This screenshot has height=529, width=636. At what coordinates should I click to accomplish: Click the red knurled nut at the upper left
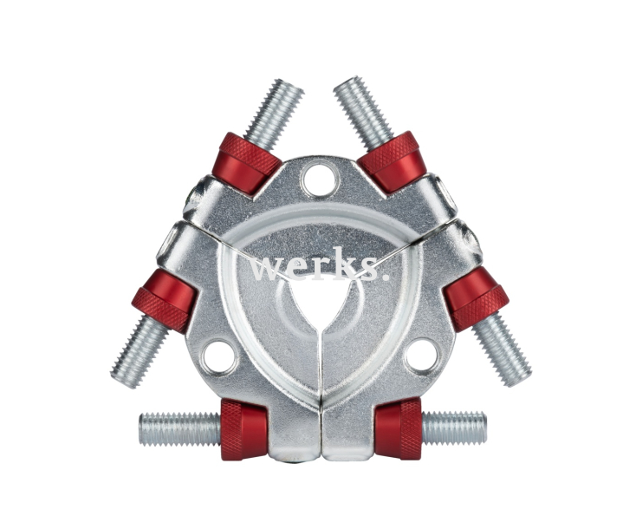point(249,161)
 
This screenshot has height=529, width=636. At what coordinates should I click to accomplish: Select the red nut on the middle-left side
point(165,299)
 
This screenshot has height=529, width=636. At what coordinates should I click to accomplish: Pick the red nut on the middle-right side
point(476,297)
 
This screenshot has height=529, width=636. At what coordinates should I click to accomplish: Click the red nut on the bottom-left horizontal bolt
point(243,429)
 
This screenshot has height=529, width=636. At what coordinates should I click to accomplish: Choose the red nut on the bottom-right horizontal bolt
point(399,428)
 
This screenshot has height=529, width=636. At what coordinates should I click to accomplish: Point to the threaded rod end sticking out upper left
point(275,111)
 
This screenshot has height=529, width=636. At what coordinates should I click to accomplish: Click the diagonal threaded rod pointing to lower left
point(140,352)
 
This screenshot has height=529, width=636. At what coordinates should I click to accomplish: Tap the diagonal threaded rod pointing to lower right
point(502,350)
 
